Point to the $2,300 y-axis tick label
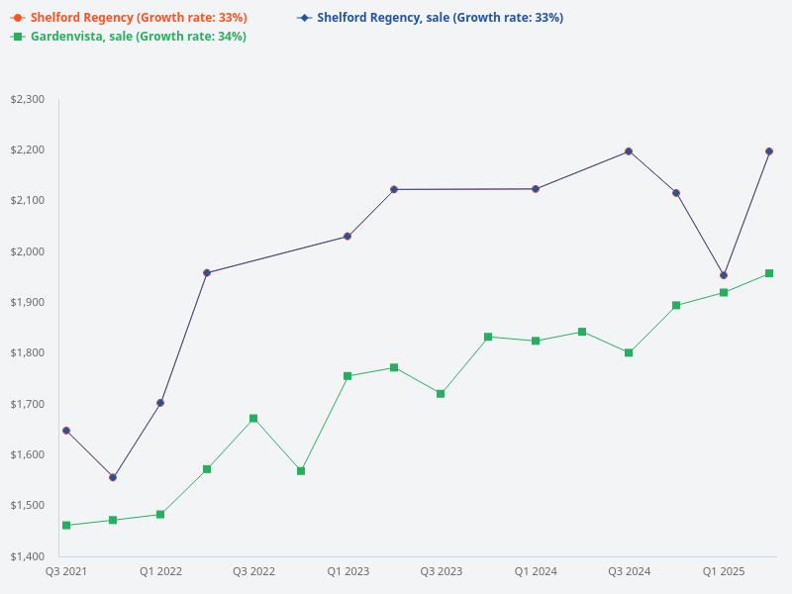(x=28, y=99)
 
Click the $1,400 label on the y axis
(x=28, y=555)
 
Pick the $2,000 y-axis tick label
(x=28, y=251)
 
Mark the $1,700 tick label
(x=28, y=404)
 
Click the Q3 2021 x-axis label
(x=66, y=571)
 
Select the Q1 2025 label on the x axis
(x=724, y=571)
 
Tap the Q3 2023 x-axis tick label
(x=441, y=571)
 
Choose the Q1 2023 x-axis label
(x=347, y=571)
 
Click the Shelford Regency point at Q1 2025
(x=724, y=275)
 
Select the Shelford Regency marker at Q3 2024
(x=629, y=151)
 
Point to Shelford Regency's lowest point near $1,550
(x=113, y=477)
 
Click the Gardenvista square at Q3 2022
(x=253, y=419)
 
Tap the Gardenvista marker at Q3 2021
(x=66, y=525)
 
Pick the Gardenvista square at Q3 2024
(x=629, y=352)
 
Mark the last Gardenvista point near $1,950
(x=769, y=273)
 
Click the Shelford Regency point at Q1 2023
(x=347, y=237)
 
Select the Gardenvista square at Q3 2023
(x=441, y=394)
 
